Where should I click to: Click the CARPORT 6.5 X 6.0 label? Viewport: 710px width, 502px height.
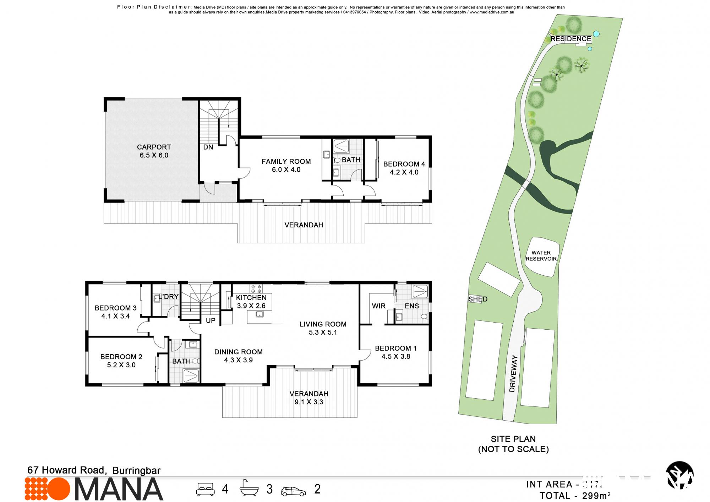click(x=154, y=151)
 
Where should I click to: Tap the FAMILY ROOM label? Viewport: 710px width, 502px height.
click(x=286, y=165)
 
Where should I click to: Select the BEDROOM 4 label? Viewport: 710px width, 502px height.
click(x=404, y=168)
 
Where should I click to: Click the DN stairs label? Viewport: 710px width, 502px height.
click(x=208, y=147)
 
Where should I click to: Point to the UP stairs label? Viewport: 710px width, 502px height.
click(x=211, y=320)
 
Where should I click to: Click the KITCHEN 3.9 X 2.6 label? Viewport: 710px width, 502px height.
click(x=251, y=302)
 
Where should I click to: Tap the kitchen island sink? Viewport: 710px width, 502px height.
click(x=260, y=314)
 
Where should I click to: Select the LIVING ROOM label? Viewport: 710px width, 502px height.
click(x=323, y=328)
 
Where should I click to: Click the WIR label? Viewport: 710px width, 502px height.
click(x=378, y=306)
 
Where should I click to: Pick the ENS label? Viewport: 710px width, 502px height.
click(x=412, y=306)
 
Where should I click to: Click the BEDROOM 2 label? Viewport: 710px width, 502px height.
click(x=121, y=361)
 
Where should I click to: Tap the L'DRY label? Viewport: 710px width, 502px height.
click(x=169, y=297)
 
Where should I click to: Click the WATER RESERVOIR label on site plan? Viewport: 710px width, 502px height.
click(x=541, y=256)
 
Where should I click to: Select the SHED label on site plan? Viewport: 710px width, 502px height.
click(x=477, y=299)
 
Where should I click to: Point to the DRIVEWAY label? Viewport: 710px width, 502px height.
click(x=513, y=373)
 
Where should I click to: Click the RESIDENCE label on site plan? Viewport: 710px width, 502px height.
click(x=570, y=39)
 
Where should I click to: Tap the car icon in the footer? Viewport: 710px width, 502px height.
click(x=293, y=491)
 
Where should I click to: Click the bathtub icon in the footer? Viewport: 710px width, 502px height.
click(x=249, y=488)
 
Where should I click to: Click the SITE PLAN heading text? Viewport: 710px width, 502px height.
click(x=513, y=439)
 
